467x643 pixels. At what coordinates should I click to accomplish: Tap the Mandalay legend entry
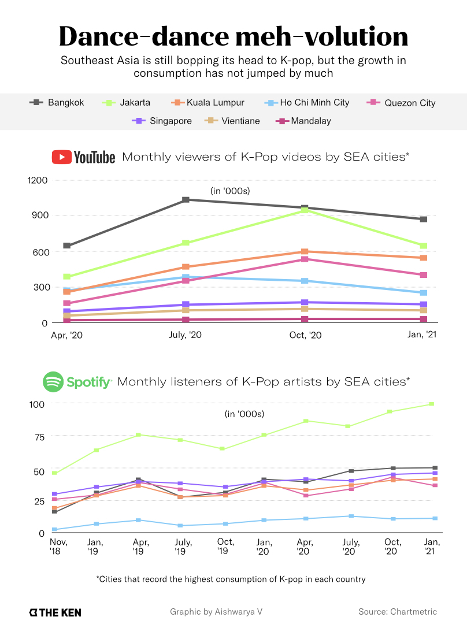click(x=303, y=121)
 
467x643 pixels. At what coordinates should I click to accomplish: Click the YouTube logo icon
click(x=62, y=157)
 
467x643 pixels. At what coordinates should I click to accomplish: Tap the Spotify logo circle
click(x=53, y=382)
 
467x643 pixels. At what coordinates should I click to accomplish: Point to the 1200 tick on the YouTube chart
click(x=37, y=180)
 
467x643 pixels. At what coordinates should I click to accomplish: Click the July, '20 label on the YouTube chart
click(x=186, y=336)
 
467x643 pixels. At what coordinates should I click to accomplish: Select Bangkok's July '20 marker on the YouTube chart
click(x=186, y=200)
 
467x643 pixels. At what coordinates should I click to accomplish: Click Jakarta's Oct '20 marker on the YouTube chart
click(x=305, y=210)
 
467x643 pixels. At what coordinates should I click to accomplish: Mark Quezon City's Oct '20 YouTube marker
click(x=305, y=259)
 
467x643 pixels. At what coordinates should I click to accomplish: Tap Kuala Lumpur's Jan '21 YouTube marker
click(x=424, y=258)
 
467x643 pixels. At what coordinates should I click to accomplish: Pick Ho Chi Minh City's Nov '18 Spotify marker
click(x=54, y=530)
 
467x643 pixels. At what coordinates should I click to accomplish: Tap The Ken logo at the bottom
click(x=55, y=612)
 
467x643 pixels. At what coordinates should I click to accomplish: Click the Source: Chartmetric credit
click(x=398, y=612)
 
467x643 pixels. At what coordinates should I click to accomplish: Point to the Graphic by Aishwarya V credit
click(x=216, y=612)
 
